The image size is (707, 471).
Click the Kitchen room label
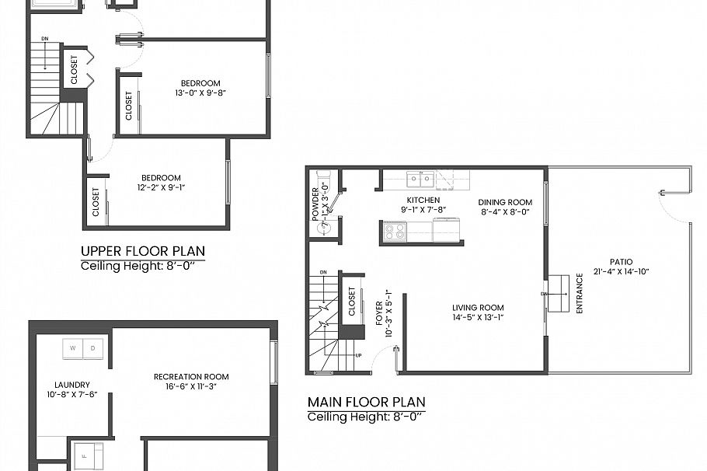point(423,201)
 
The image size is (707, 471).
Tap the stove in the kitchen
point(395,231)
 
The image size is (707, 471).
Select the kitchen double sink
point(422,180)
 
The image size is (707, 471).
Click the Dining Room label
point(505,201)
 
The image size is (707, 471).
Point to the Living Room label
point(478,308)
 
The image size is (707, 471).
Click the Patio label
point(621,262)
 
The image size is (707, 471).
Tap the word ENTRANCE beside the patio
point(579,293)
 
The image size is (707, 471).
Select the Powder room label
point(316,204)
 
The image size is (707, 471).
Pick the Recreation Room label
point(191,377)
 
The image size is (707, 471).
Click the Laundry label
point(72,385)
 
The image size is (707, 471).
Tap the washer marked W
point(73,348)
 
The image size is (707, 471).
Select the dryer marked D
point(93,348)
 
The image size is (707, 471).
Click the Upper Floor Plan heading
point(143,251)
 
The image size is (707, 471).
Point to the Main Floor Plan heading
point(366,402)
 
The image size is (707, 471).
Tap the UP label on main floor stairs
point(358,355)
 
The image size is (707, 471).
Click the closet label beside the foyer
point(352,302)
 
